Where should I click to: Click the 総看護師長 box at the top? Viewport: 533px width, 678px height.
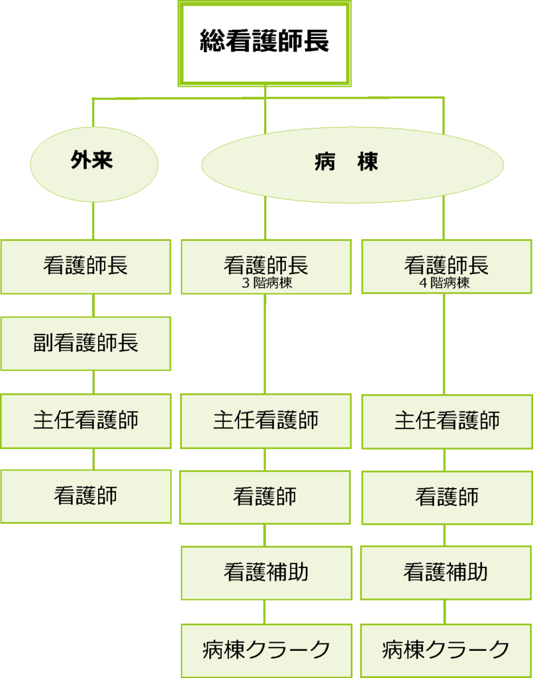[264, 43]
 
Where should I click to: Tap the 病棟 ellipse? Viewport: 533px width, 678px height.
[352, 164]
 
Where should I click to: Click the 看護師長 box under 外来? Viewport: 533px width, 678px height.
[85, 266]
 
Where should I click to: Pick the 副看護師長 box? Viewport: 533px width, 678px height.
[85, 343]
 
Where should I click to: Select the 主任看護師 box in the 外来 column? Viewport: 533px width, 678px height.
[85, 420]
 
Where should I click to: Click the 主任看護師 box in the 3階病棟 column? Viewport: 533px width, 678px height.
[266, 420]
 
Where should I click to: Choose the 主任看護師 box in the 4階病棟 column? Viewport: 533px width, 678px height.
[447, 421]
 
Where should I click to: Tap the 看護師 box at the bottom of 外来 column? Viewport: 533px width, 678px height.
[85, 496]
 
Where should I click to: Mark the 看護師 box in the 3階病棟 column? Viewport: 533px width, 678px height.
[265, 497]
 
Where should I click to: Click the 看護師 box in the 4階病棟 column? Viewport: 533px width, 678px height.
[447, 497]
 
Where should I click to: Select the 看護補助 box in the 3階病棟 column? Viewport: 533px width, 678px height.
[266, 573]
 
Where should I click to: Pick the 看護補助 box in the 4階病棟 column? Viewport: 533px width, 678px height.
[446, 573]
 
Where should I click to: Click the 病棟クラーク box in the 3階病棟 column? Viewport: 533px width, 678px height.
[266, 650]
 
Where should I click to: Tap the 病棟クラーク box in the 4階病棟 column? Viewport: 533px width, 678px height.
[446, 650]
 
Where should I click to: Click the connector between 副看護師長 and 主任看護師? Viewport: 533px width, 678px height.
[93, 382]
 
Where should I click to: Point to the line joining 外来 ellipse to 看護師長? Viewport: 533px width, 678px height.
[93, 221]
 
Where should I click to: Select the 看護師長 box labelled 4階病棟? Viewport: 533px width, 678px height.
[446, 266]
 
